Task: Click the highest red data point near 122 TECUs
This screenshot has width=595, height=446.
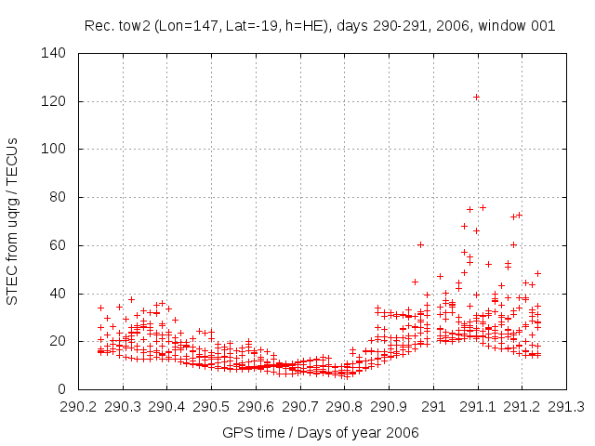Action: (x=476, y=97)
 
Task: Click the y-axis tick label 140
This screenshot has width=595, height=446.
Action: (x=56, y=53)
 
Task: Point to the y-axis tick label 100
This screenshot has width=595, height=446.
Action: (x=56, y=149)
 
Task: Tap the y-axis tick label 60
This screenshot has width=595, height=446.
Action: (x=59, y=245)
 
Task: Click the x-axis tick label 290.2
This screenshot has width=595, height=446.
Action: (x=78, y=407)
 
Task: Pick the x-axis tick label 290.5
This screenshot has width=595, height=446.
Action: (x=211, y=407)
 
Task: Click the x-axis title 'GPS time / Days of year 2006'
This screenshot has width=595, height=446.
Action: (x=321, y=432)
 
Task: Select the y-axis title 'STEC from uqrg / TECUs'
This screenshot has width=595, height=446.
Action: (x=12, y=221)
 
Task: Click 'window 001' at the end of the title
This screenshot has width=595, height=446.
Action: (x=520, y=26)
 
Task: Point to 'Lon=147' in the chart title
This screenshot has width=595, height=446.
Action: (x=184, y=26)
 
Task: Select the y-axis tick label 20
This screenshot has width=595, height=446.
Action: (x=59, y=341)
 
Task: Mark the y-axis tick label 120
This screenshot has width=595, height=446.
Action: (x=56, y=101)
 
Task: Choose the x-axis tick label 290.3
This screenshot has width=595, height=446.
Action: (x=123, y=407)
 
